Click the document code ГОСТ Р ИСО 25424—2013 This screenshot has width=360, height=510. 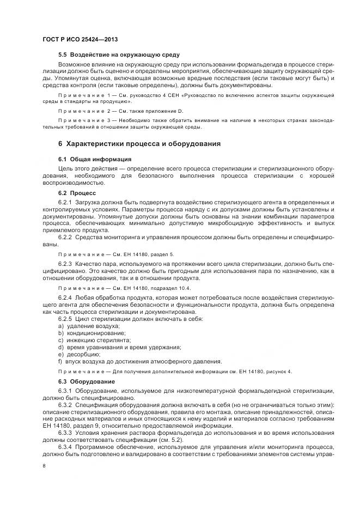80,40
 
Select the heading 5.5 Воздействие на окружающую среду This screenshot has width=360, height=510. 119,56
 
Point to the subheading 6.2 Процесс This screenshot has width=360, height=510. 76,193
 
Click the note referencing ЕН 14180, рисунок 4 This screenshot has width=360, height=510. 175,372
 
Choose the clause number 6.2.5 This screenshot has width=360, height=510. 65,318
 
